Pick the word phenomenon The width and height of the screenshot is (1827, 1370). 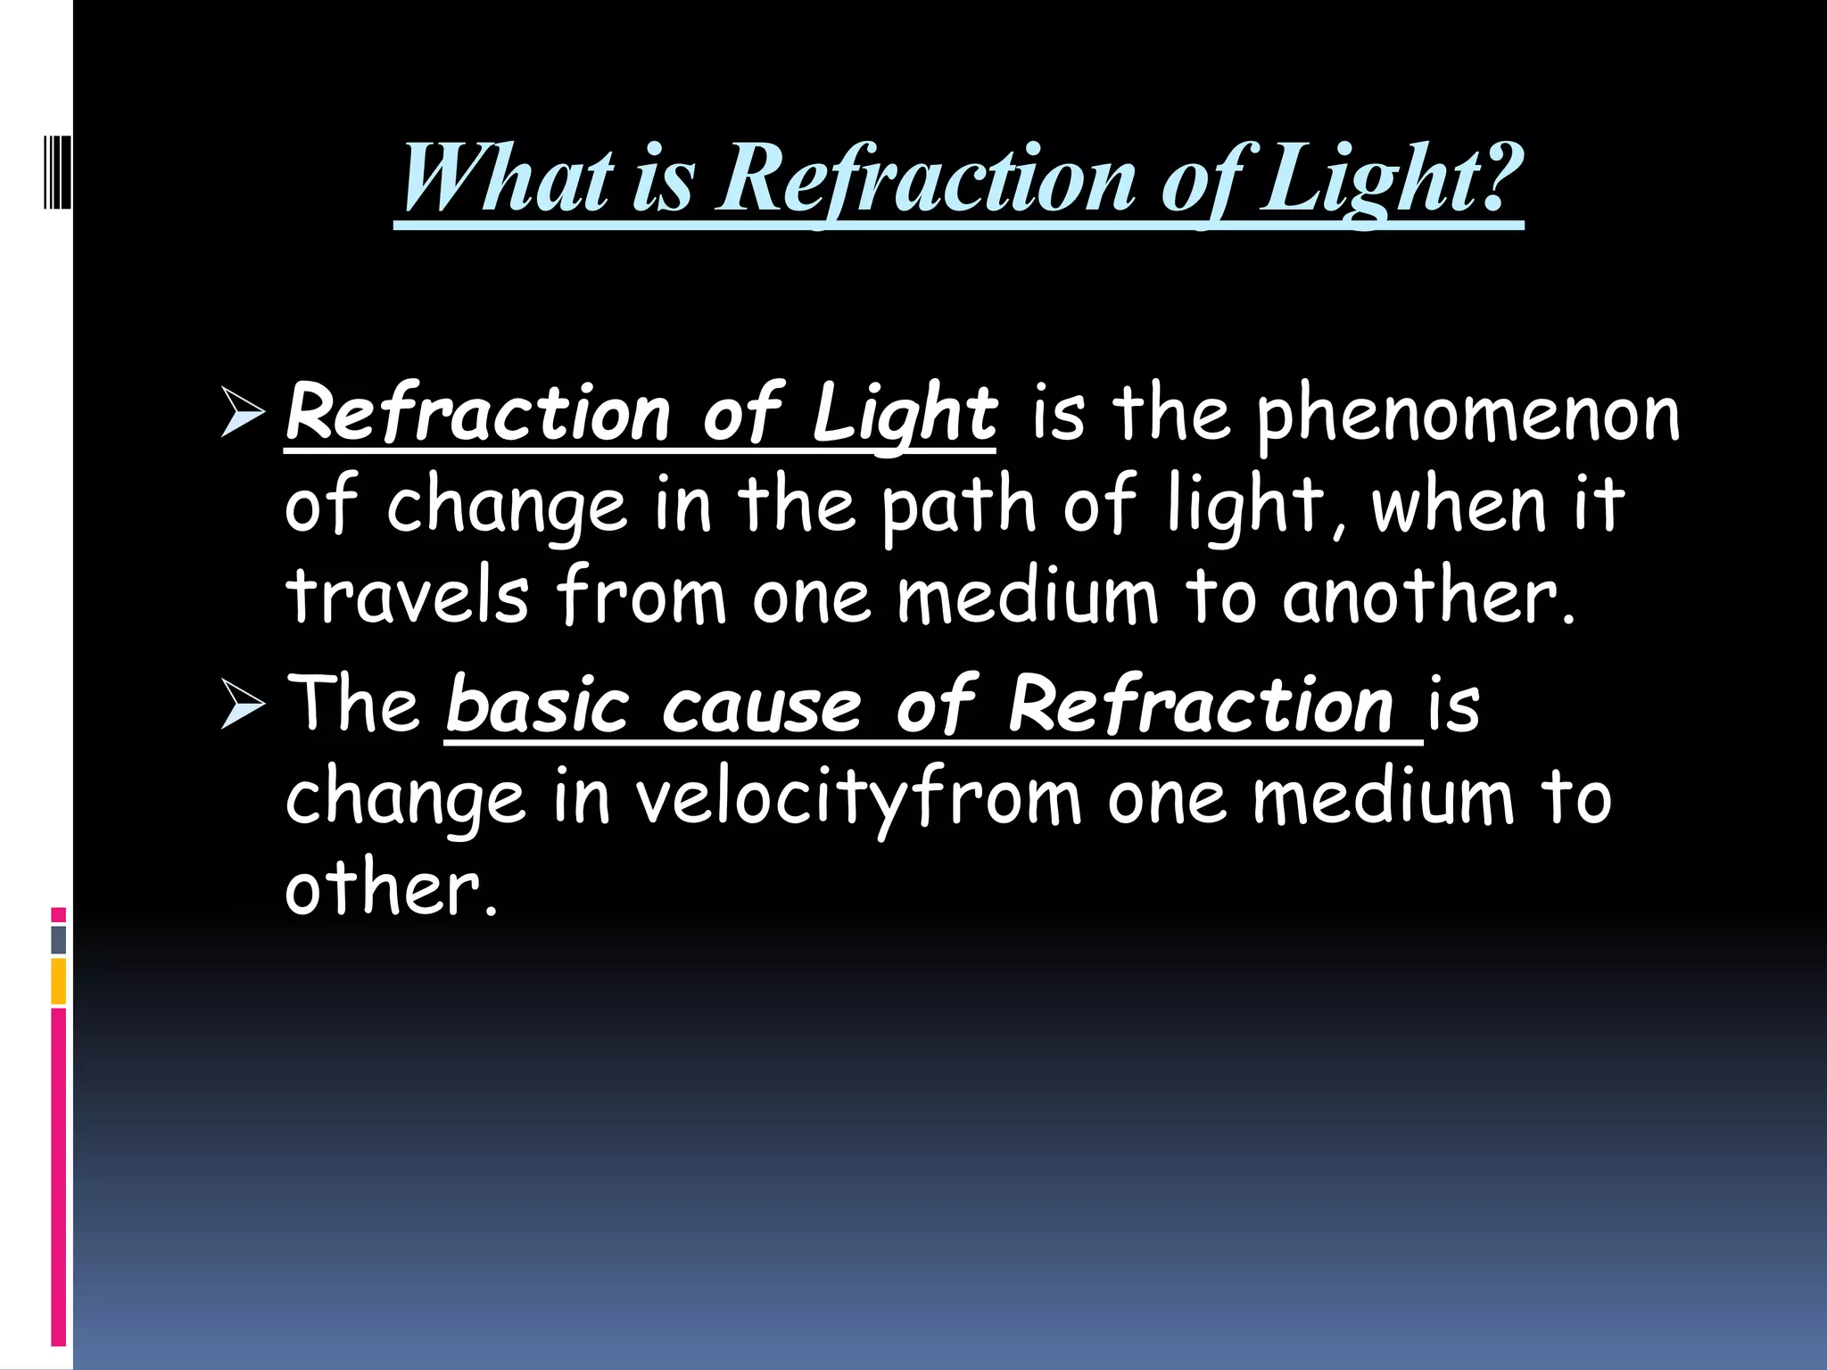[1467, 415]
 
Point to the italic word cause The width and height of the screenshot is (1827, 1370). [763, 705]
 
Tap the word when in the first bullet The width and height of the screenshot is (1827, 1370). [1458, 507]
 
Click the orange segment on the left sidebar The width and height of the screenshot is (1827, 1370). [59, 981]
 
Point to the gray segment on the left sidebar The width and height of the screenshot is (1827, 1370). [59, 939]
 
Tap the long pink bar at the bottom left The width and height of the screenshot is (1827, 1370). [59, 1177]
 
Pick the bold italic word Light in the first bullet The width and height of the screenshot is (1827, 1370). [905, 415]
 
